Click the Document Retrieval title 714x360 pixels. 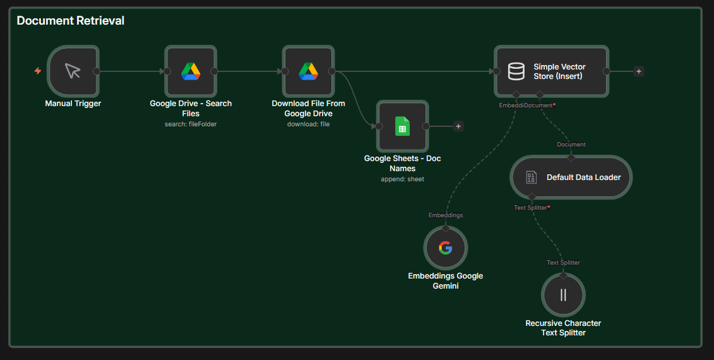tap(70, 21)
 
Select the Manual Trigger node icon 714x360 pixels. tap(73, 71)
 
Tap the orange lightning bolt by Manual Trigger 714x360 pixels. tap(38, 71)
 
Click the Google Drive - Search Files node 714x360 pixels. tap(191, 71)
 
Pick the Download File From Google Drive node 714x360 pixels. tap(308, 71)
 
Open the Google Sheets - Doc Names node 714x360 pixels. tap(403, 126)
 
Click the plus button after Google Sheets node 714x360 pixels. tap(458, 126)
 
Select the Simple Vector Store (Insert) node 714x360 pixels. tap(551, 71)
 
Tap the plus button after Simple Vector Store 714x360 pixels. tap(639, 71)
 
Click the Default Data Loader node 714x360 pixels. tap(571, 177)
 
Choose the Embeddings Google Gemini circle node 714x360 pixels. tap(446, 248)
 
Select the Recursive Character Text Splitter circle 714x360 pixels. tap(563, 295)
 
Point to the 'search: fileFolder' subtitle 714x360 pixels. tap(191, 124)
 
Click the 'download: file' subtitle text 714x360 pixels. tap(308, 124)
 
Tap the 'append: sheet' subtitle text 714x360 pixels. tap(403, 179)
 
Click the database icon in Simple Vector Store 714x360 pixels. tap(516, 71)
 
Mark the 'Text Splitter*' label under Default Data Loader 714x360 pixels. tap(532, 207)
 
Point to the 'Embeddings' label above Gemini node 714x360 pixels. tap(446, 215)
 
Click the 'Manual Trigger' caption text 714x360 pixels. tap(73, 104)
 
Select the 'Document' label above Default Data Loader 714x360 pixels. tap(571, 145)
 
